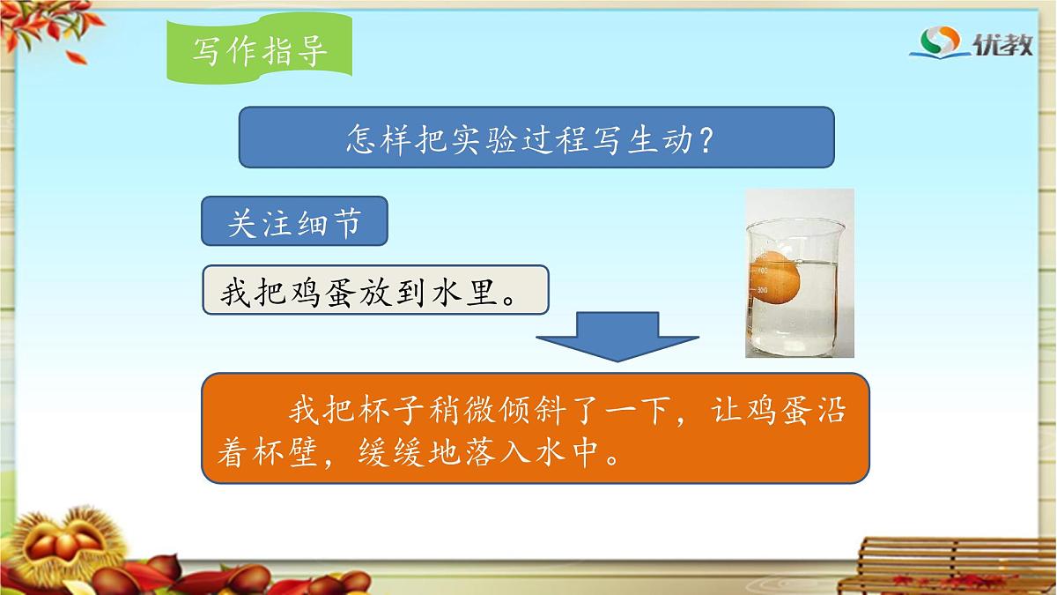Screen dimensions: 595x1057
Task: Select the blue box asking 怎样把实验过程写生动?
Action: [x=536, y=138]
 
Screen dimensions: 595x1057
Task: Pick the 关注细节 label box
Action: [x=293, y=222]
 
